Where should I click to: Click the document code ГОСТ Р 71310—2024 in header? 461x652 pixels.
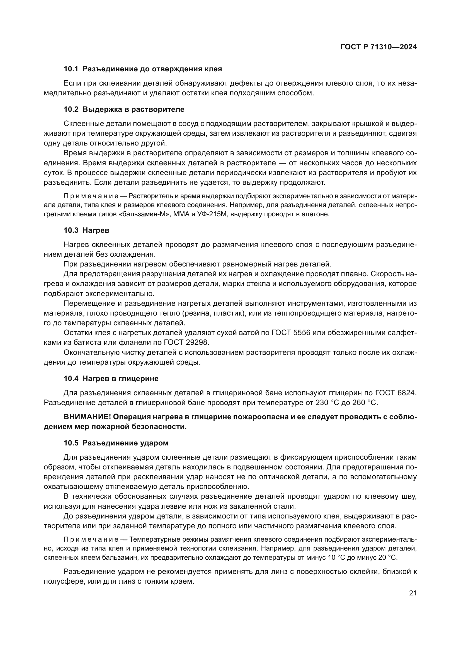[378, 47]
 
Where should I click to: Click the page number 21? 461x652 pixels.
[413, 593]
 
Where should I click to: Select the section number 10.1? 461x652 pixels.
[71, 69]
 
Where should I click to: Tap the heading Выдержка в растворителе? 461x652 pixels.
[133, 109]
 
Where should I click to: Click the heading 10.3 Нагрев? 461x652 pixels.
[86, 230]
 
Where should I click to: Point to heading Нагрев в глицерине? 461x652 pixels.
[120, 379]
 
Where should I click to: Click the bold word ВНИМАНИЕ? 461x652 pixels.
[87, 416]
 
